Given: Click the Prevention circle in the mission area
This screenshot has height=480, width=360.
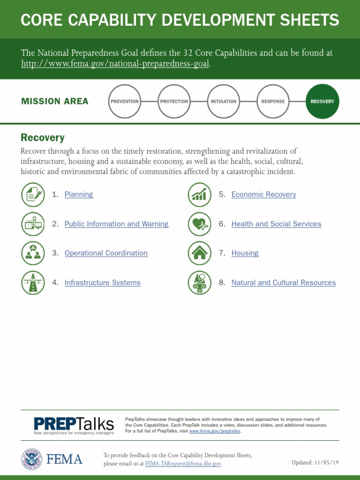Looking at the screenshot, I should click(125, 101).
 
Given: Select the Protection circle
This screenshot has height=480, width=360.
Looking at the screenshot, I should click(174, 101).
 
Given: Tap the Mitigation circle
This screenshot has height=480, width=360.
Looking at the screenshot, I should click(224, 101).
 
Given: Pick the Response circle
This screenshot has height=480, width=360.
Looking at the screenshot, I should click(273, 101).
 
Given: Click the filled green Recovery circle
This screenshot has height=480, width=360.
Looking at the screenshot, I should click(322, 101).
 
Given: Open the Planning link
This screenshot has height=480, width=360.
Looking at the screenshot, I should click(79, 195).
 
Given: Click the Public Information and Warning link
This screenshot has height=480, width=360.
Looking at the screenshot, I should click(116, 224).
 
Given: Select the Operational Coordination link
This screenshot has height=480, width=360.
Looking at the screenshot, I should click(106, 253).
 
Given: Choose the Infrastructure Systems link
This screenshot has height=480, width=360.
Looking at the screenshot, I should click(103, 283).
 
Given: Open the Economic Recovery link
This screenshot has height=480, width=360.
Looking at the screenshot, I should click(263, 195).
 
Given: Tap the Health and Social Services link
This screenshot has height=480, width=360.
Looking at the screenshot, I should click(276, 224).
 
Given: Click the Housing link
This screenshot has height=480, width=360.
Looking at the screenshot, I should click(245, 253).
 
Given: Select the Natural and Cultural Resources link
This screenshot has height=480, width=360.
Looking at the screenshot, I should click(284, 283).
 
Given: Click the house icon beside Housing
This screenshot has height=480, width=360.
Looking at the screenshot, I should click(200, 253).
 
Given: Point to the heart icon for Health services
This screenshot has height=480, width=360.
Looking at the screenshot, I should click(200, 224).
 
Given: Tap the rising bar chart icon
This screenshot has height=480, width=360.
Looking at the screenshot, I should click(200, 195).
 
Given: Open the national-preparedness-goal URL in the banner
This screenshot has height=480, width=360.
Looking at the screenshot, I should click(115, 64).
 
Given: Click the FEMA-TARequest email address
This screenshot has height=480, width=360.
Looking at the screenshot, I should click(183, 464).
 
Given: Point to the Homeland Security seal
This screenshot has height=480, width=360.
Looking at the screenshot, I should click(31, 459).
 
